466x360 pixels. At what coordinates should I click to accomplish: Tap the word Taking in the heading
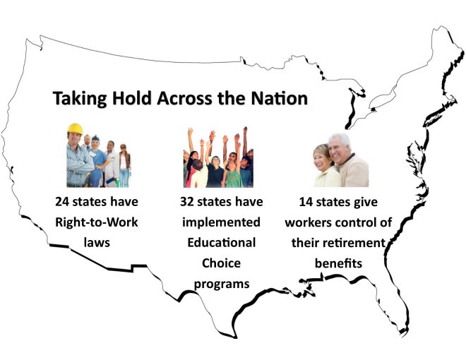[x=79, y=99]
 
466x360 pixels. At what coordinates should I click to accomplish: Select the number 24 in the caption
[x=62, y=202]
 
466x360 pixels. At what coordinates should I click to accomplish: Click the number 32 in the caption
[x=187, y=202]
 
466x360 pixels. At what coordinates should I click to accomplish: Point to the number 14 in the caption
[x=306, y=202]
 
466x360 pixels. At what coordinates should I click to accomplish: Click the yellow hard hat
[x=75, y=128]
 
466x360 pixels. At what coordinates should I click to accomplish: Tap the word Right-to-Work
[x=97, y=222]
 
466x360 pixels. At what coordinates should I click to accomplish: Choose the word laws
[x=97, y=243]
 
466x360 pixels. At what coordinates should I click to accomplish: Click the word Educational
[x=222, y=243]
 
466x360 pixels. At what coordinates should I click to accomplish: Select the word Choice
[x=222, y=263]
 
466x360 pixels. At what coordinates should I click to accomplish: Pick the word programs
[x=222, y=284]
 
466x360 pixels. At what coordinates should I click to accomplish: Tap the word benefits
[x=338, y=263]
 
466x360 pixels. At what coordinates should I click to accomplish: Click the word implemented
[x=222, y=222]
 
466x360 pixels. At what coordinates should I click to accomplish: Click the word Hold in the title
[x=131, y=98]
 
